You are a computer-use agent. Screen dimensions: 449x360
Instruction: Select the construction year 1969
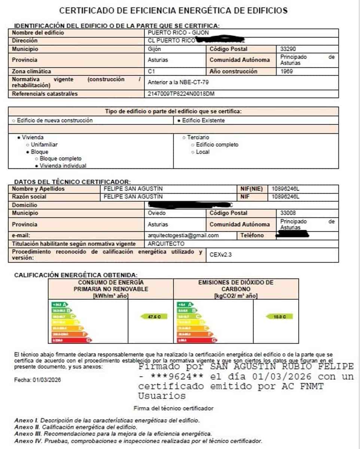tap(287, 71)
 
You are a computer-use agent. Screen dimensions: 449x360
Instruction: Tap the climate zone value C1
tap(152, 71)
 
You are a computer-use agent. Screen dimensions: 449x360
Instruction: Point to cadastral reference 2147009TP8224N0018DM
tap(181, 94)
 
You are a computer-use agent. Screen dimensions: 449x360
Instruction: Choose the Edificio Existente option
tap(201, 120)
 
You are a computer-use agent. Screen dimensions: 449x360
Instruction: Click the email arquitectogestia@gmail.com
tap(183, 235)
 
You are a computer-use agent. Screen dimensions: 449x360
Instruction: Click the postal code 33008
tap(288, 213)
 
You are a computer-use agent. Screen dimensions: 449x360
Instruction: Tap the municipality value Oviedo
tap(156, 213)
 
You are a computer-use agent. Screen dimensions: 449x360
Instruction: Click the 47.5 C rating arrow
tap(153, 317)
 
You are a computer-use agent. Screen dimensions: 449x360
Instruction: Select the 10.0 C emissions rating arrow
tap(279, 317)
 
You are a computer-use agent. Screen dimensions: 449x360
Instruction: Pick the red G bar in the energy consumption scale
tap(71, 340)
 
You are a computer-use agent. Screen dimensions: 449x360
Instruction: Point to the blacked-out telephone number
tap(292, 235)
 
